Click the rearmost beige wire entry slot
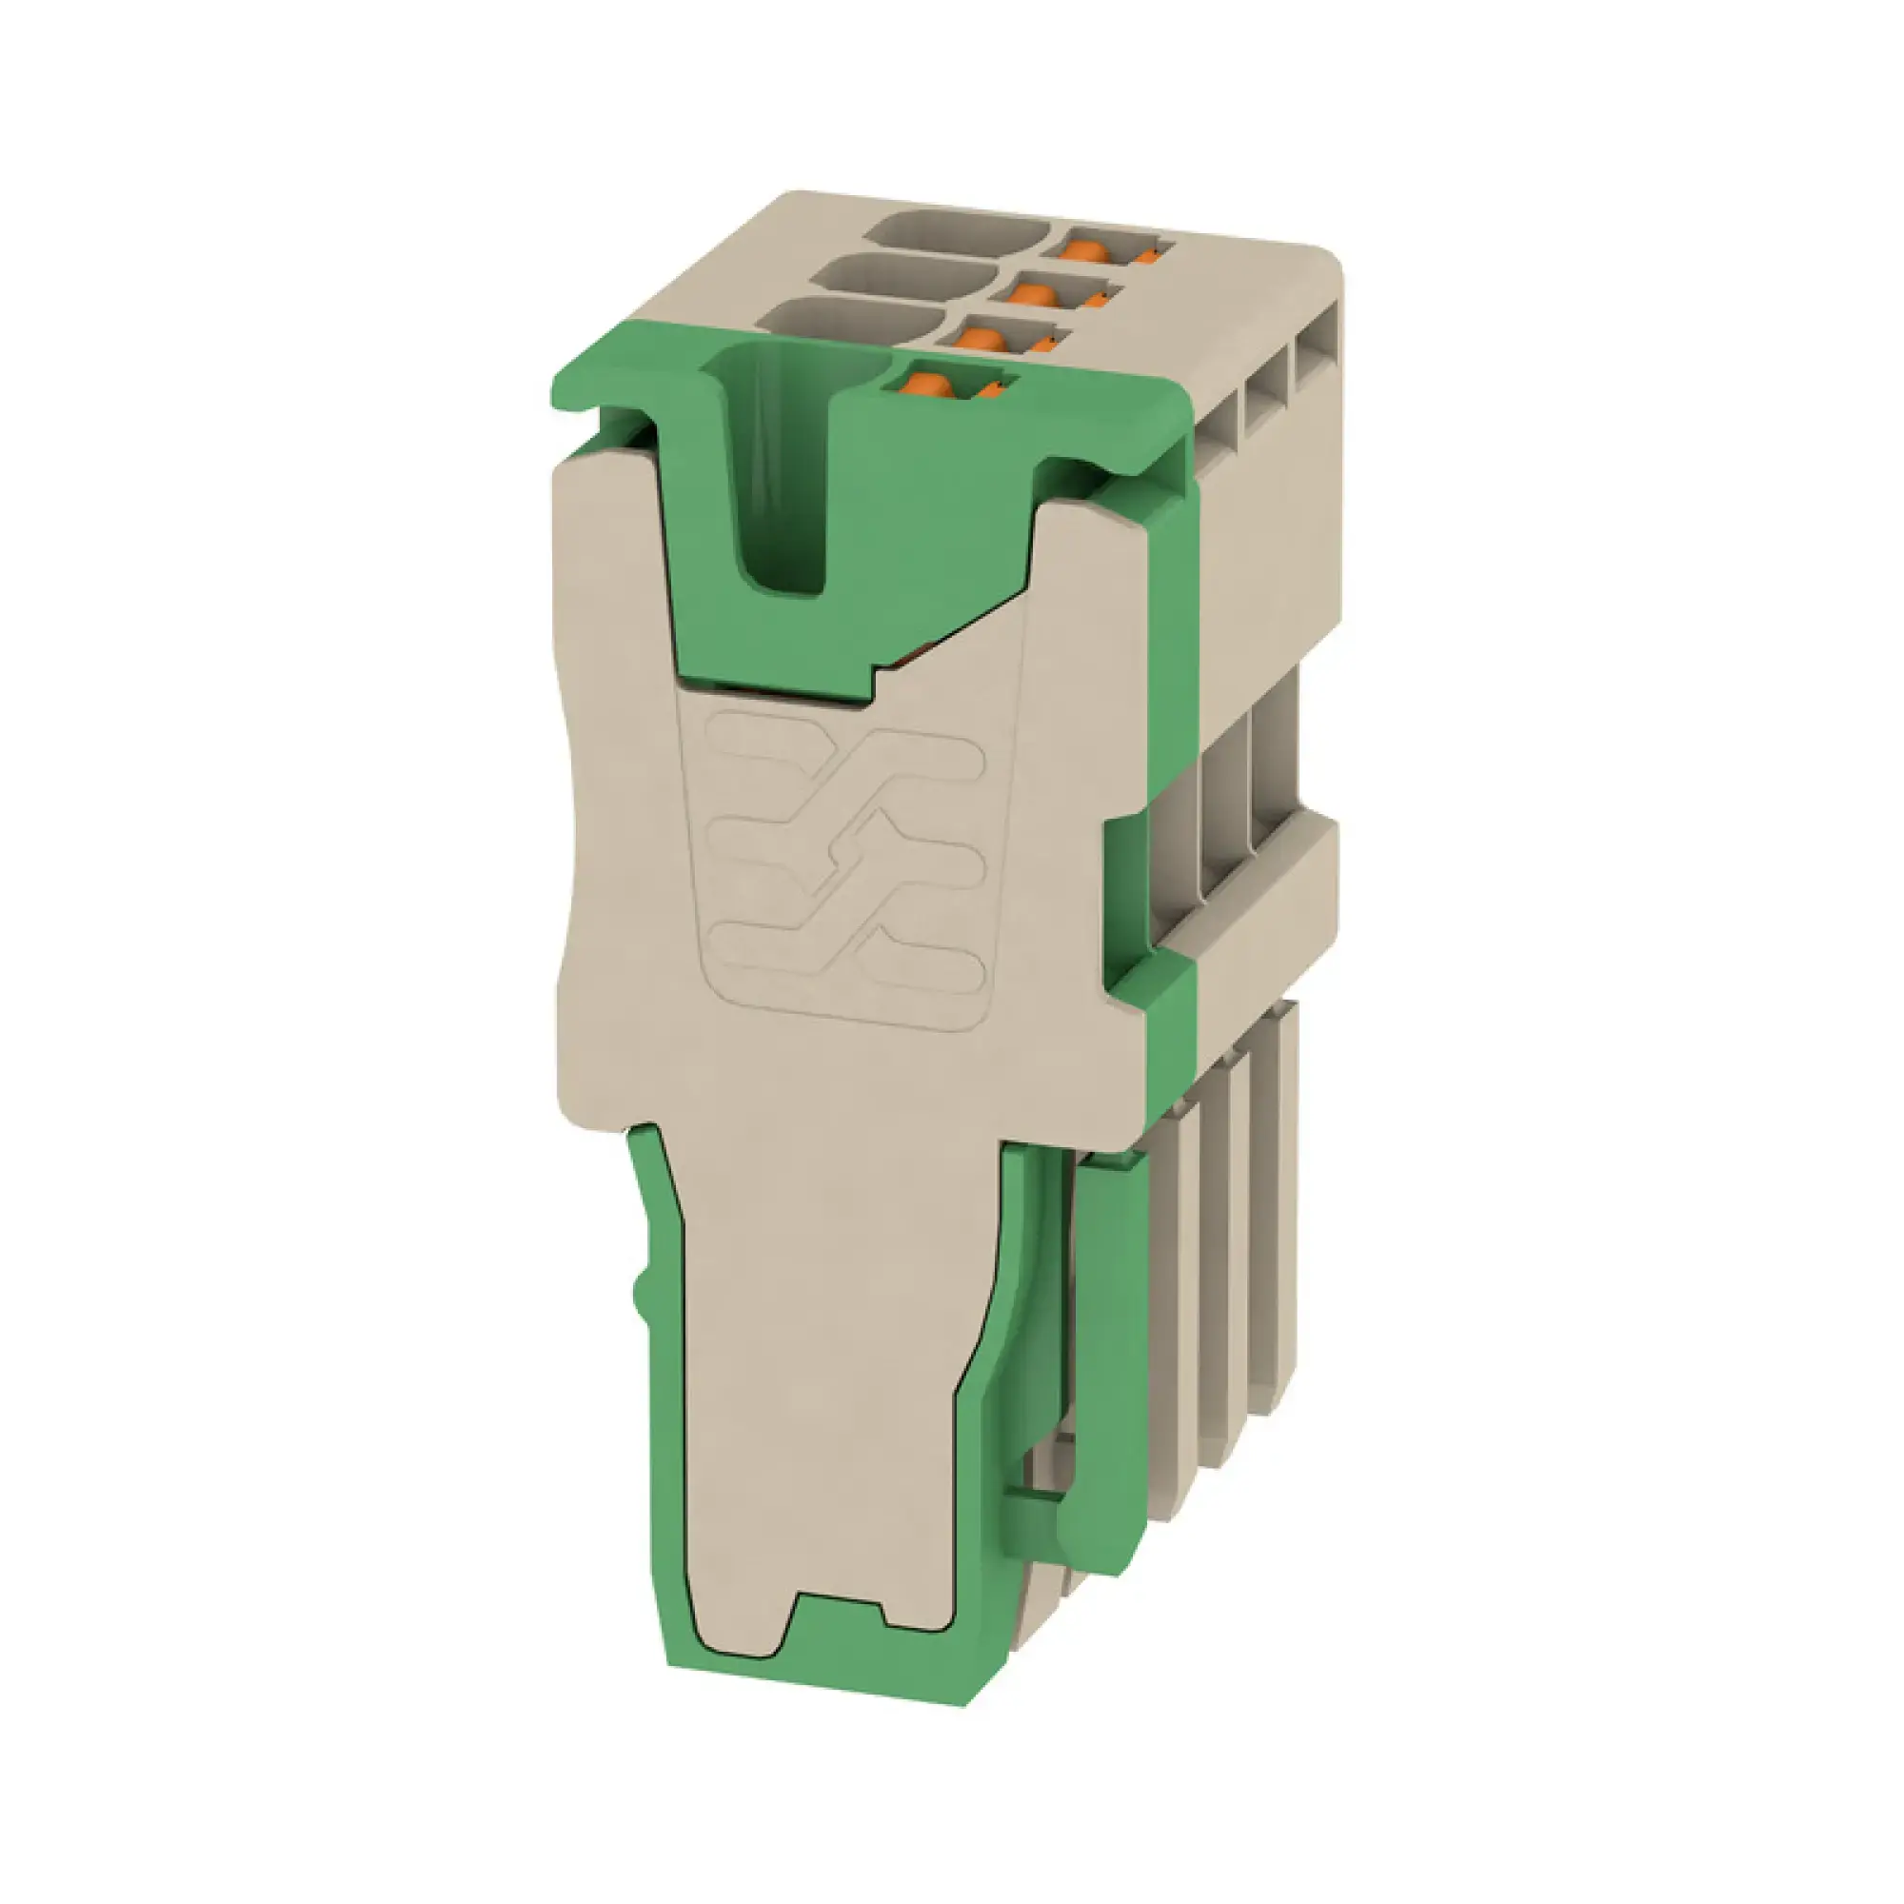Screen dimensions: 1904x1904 click(x=956, y=232)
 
